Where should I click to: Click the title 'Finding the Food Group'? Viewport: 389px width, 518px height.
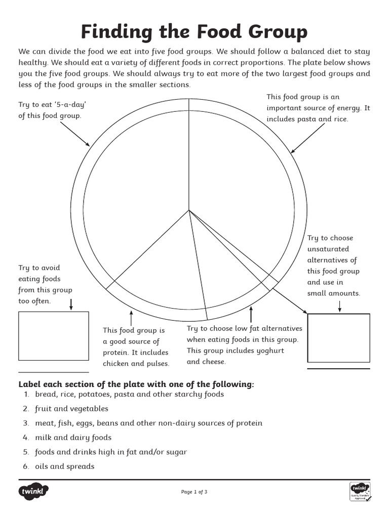click(x=194, y=32)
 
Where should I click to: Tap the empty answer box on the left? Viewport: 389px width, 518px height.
click(x=53, y=336)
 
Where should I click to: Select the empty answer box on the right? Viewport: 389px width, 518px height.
click(x=338, y=338)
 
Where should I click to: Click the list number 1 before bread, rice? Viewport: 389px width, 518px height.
click(x=26, y=394)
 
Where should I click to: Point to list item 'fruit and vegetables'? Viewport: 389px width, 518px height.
click(x=71, y=409)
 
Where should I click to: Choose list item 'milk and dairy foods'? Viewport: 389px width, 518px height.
click(x=73, y=438)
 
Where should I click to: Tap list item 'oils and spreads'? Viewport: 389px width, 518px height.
click(x=64, y=466)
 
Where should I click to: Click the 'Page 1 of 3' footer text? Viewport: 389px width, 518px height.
click(x=194, y=492)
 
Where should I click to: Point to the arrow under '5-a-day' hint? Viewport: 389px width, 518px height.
click(x=75, y=134)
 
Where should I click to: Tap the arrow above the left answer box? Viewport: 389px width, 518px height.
click(x=71, y=304)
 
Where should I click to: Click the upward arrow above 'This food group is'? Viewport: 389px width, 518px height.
click(x=131, y=318)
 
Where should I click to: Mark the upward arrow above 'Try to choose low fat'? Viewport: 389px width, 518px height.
click(x=251, y=313)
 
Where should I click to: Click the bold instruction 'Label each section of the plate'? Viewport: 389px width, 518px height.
click(x=136, y=384)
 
